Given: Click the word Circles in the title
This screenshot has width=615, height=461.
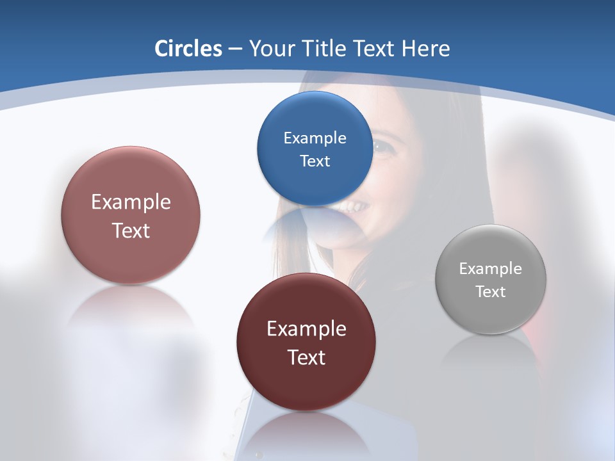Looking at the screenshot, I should (188, 49).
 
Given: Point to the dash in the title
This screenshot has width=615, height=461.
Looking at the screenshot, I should (234, 49).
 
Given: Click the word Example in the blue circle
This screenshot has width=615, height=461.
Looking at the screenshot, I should (315, 138).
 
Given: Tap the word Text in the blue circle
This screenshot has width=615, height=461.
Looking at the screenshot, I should (315, 161).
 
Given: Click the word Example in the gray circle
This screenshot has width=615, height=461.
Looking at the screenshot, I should (490, 269).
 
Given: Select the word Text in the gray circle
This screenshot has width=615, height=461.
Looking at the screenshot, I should (490, 292).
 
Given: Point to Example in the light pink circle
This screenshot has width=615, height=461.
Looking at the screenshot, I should (131, 202).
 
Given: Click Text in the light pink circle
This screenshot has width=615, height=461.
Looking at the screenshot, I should (131, 230).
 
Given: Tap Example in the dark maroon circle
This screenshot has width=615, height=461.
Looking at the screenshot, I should (306, 329).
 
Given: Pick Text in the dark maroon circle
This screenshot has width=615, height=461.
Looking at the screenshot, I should (306, 357).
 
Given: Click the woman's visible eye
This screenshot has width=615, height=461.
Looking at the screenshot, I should (382, 148).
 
